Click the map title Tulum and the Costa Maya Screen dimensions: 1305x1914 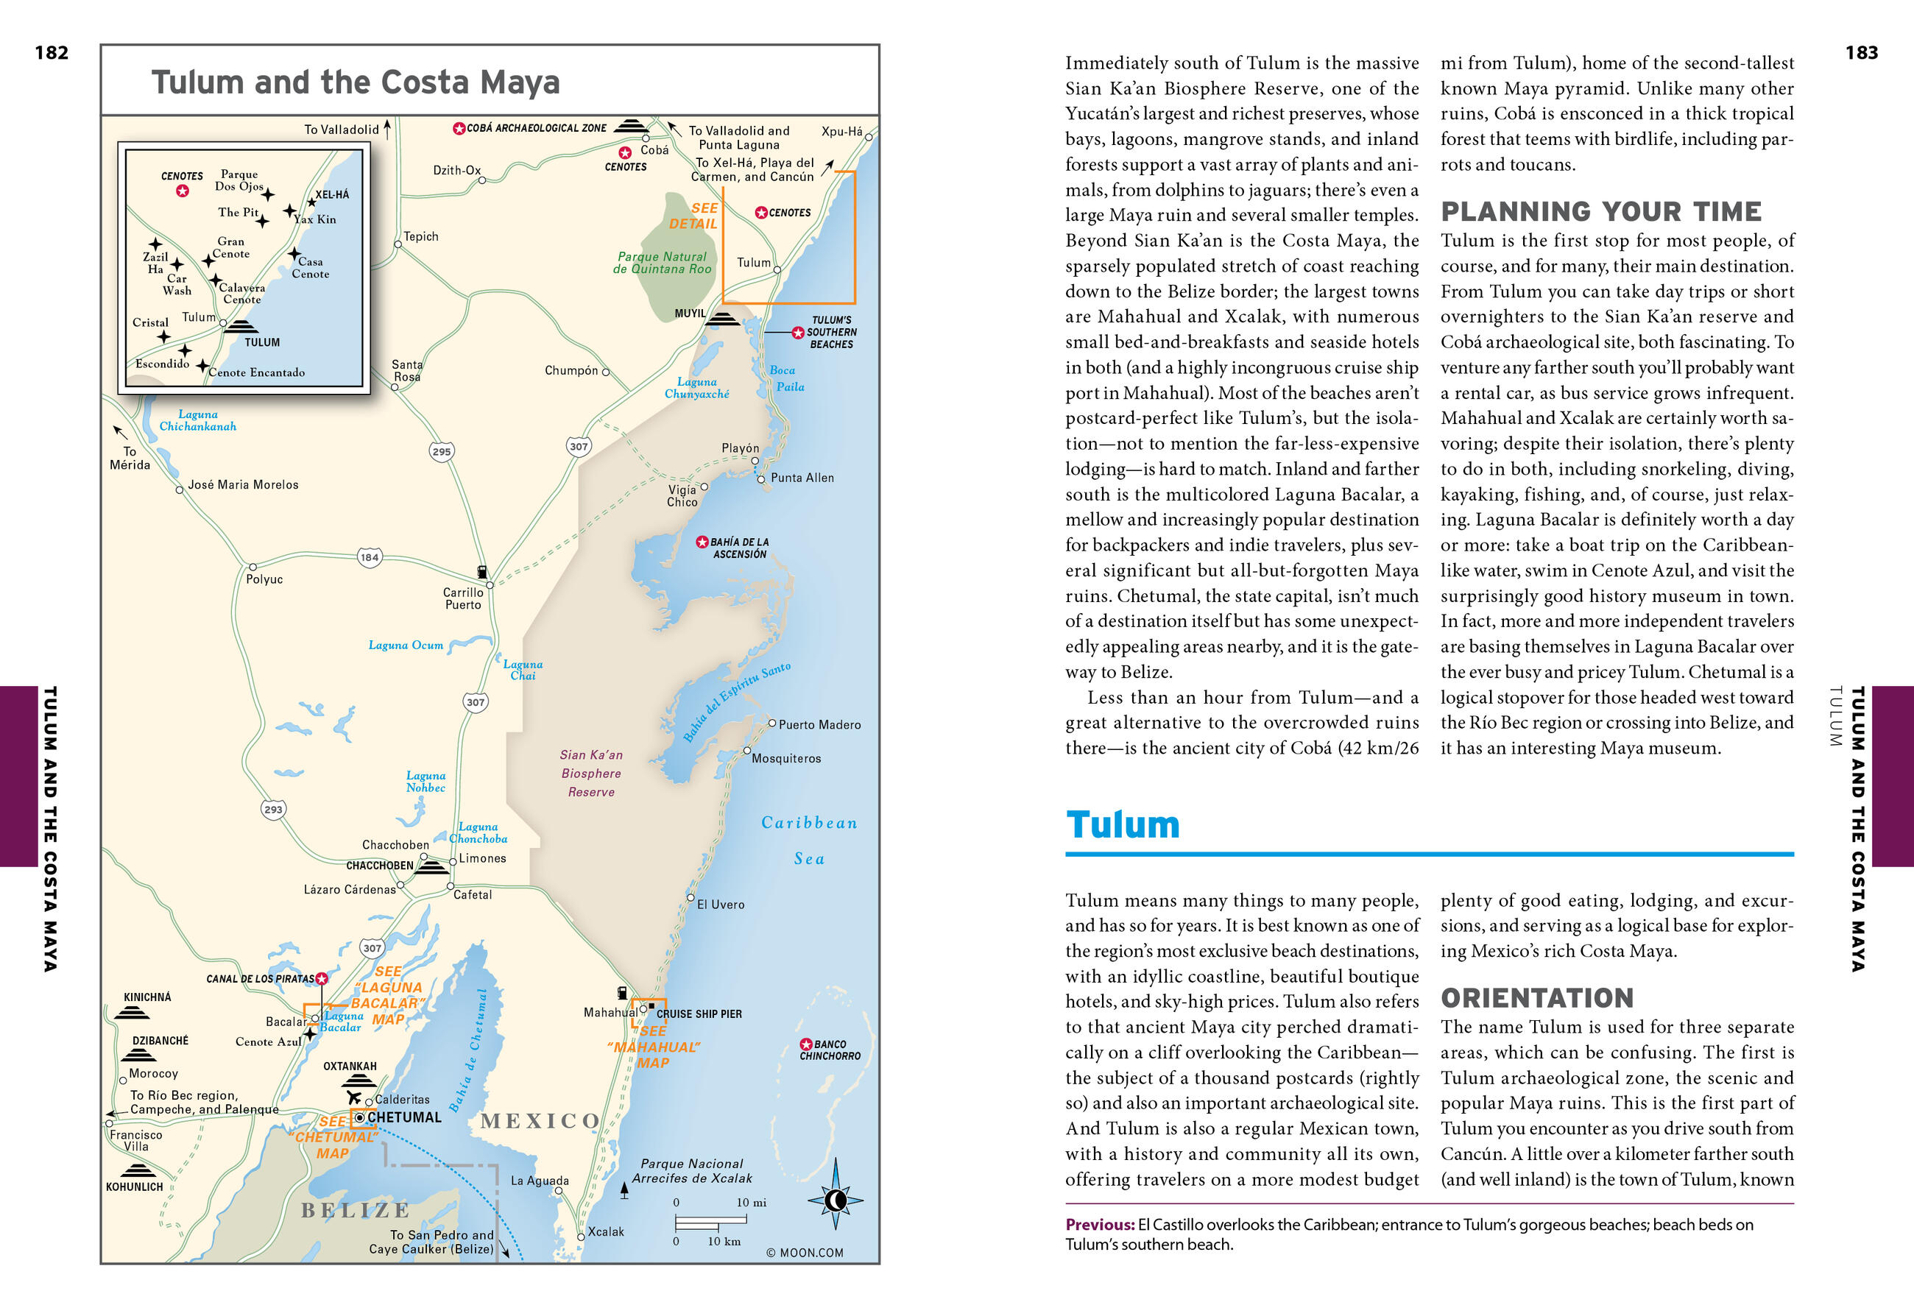point(355,82)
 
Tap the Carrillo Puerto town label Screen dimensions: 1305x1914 point(463,598)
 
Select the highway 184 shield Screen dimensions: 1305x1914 point(370,557)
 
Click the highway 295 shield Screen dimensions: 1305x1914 point(442,451)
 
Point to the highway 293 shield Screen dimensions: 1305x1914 point(273,810)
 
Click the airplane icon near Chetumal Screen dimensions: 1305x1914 point(354,1097)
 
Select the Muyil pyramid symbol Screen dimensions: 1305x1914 point(723,319)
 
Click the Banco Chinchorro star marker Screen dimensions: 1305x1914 point(806,1044)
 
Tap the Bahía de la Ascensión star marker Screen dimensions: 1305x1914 point(702,542)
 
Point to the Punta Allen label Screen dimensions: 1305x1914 point(802,478)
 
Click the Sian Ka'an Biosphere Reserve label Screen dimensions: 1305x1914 point(591,773)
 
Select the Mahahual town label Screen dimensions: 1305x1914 point(610,1013)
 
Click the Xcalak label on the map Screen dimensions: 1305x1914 point(605,1231)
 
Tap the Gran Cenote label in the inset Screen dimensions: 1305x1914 point(230,248)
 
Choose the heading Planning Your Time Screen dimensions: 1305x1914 point(1600,211)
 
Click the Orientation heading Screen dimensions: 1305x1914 point(1537,998)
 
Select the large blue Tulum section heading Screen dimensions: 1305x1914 point(1123,825)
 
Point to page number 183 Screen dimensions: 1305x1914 point(1860,53)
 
